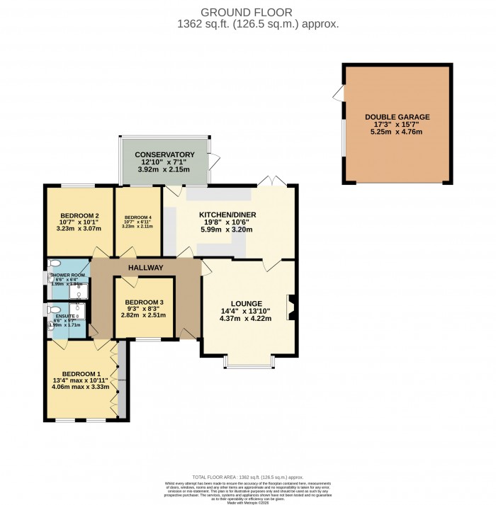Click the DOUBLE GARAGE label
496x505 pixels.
point(397,117)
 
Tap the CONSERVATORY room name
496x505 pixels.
point(164,154)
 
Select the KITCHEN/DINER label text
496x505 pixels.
point(227,215)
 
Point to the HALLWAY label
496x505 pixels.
point(145,268)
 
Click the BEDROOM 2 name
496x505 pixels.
point(79,216)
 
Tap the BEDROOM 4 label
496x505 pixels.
point(138,217)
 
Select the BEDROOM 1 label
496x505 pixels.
point(81,374)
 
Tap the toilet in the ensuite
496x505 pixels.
point(52,310)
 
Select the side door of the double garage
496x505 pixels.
point(339,93)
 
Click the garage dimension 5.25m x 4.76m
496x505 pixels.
point(397,132)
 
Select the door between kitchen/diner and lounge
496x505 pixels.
point(269,265)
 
